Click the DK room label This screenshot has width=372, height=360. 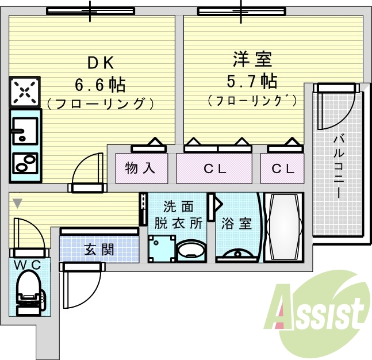point(101,63)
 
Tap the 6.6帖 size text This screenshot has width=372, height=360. point(101,85)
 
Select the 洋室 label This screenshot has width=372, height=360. point(252,59)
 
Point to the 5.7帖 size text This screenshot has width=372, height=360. point(252,82)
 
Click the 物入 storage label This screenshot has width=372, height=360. point(140,168)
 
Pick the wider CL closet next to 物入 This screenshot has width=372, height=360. point(215,169)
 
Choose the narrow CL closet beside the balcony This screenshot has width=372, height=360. point(283,169)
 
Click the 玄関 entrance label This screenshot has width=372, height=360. point(99,250)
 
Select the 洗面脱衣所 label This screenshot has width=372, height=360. point(178,215)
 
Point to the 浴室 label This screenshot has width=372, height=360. point(236,223)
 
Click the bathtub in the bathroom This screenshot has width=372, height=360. point(284,227)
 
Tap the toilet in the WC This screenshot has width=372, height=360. point(30,293)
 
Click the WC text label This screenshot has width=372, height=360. point(28,265)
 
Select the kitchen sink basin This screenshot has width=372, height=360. point(25,131)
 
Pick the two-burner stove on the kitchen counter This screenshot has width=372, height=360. point(25,164)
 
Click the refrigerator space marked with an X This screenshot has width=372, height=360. point(25,91)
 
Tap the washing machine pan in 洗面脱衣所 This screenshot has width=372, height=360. point(162,248)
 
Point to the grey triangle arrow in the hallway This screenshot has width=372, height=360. point(18,204)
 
